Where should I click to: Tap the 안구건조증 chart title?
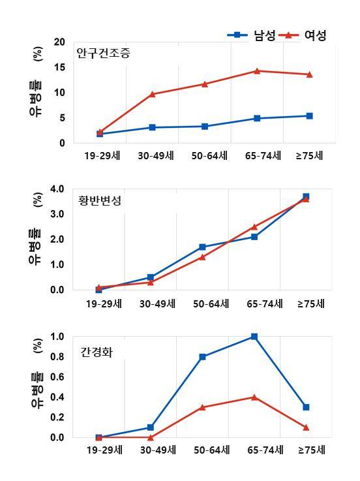coord(103,53)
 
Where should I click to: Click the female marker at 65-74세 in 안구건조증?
coord(257,70)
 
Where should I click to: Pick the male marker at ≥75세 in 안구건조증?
coord(309,116)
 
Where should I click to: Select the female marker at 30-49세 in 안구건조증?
coord(152,94)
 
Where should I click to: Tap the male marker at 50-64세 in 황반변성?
coord(203,247)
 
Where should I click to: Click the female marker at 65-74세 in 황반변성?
coord(254,226)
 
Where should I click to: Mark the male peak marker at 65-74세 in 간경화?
coord(254,337)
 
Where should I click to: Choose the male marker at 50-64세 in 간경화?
coord(203,357)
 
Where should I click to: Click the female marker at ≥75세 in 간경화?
coord(306,427)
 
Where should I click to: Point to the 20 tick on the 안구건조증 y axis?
coord(60,42)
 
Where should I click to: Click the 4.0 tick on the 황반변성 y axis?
coord(57,189)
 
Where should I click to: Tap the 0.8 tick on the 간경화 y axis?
coord(57,357)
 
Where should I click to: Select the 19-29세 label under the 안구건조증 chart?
coord(102,156)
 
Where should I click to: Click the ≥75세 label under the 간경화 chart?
coord(311,450)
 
